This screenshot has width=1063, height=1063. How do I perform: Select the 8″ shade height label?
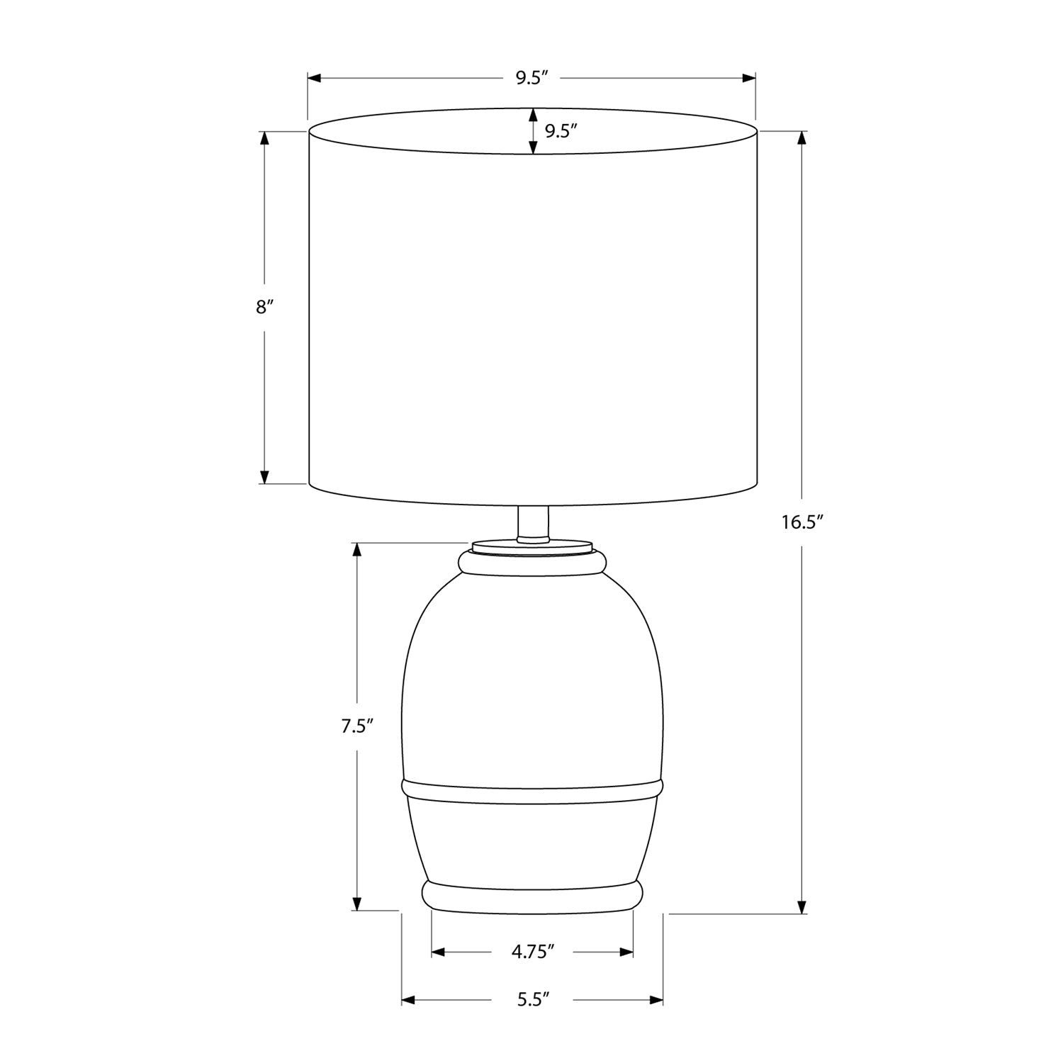click(264, 307)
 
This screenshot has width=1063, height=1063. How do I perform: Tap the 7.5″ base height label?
click(356, 726)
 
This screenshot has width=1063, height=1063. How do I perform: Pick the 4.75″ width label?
click(532, 952)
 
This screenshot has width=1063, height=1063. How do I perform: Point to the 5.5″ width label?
click(533, 1000)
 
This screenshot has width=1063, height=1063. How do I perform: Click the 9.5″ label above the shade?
click(533, 78)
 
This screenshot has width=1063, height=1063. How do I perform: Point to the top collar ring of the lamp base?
click(533, 562)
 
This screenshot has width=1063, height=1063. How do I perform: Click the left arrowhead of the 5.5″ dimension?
click(408, 1000)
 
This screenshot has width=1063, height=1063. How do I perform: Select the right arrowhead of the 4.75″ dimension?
click(626, 952)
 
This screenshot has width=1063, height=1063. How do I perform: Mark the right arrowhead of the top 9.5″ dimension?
click(748, 78)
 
